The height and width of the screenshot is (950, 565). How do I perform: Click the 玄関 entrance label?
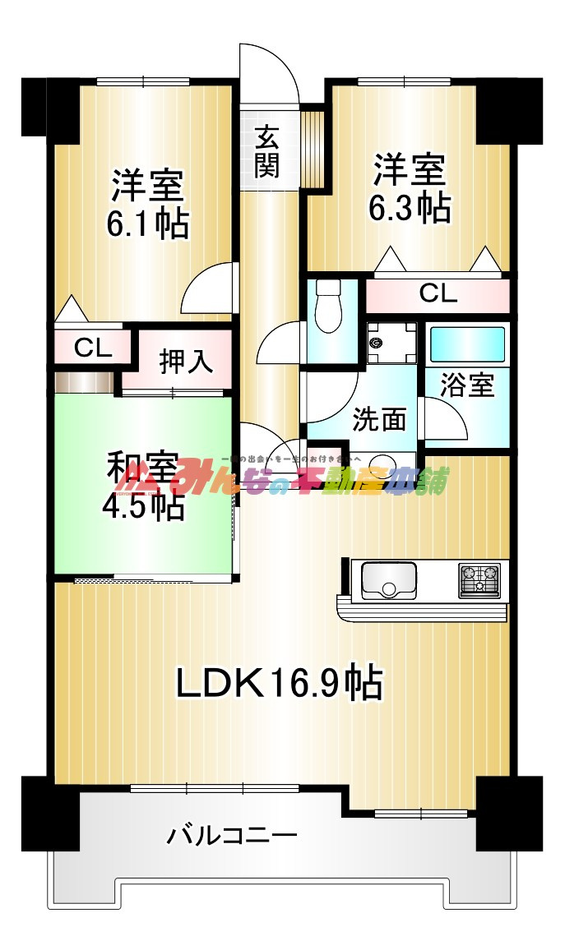point(266,152)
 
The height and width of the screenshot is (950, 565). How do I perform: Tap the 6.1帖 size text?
point(148,223)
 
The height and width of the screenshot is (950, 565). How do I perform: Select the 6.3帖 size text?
point(409,209)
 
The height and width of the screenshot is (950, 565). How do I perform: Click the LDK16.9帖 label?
point(280,682)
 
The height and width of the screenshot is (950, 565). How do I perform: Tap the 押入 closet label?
point(187,361)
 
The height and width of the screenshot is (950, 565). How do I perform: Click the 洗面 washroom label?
point(379,419)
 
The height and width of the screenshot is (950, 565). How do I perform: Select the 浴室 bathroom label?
point(467,385)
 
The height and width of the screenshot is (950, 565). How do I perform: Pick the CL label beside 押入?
point(93,348)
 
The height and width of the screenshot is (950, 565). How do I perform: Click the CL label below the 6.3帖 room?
point(438,293)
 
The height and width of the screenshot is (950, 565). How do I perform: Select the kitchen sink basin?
point(388,580)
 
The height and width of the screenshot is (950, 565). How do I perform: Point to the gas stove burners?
point(479,579)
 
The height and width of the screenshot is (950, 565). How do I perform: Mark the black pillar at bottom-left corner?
point(38,814)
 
